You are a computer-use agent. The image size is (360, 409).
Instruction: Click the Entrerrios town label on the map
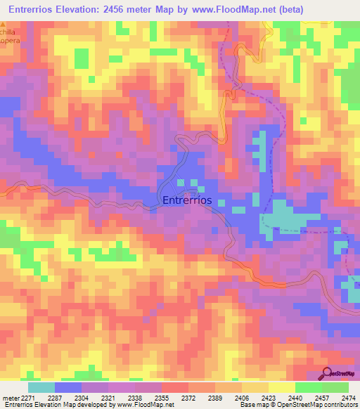click(187, 200)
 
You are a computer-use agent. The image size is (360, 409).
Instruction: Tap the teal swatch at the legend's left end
click(41, 387)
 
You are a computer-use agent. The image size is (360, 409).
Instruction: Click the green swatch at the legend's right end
click(335, 387)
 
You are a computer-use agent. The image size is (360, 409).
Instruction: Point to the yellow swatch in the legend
click(282, 387)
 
